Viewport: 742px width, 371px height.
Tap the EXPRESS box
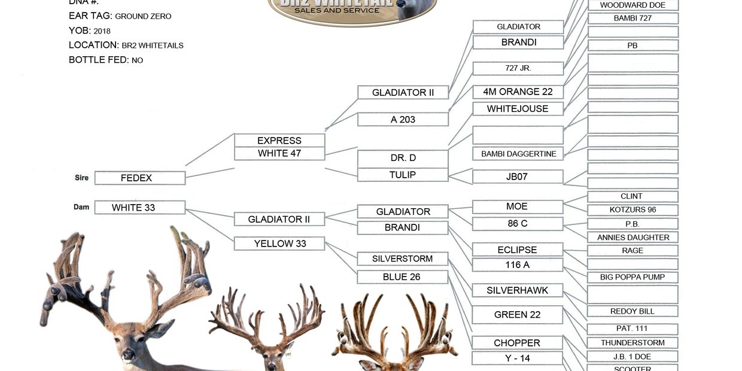point(279,141)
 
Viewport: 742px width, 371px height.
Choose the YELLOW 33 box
point(279,244)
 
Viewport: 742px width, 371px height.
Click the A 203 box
point(403,120)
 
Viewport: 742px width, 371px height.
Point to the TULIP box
point(403,175)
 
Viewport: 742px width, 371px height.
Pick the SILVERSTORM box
point(403,259)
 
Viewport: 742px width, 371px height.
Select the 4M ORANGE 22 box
point(518,92)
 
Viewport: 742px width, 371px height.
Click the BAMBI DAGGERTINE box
point(518,154)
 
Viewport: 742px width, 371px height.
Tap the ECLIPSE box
point(518,250)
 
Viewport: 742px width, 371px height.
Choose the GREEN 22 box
point(518,315)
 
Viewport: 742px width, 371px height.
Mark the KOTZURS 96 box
point(632,210)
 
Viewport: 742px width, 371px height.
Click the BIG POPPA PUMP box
point(632,277)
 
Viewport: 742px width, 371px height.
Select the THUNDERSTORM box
point(632,343)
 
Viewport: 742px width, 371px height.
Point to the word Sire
point(81,178)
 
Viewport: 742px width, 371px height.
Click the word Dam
point(81,207)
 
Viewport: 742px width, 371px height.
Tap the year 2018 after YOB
point(102,31)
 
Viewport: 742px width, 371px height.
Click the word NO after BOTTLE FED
point(137,60)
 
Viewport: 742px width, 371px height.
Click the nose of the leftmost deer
point(127,355)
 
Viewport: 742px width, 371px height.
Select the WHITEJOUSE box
point(518,109)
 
